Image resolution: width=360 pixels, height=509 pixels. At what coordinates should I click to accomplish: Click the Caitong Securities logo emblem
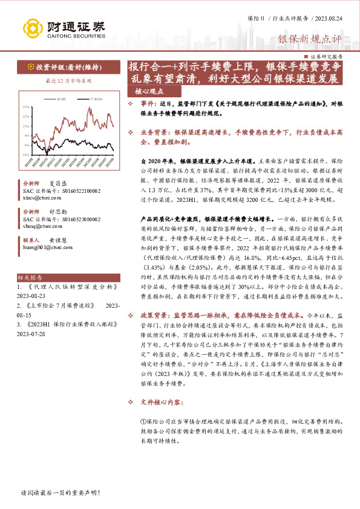(x=31, y=28)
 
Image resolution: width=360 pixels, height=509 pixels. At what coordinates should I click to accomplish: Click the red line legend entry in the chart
(x=58, y=98)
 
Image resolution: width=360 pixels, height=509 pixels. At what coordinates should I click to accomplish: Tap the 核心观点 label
(x=149, y=92)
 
